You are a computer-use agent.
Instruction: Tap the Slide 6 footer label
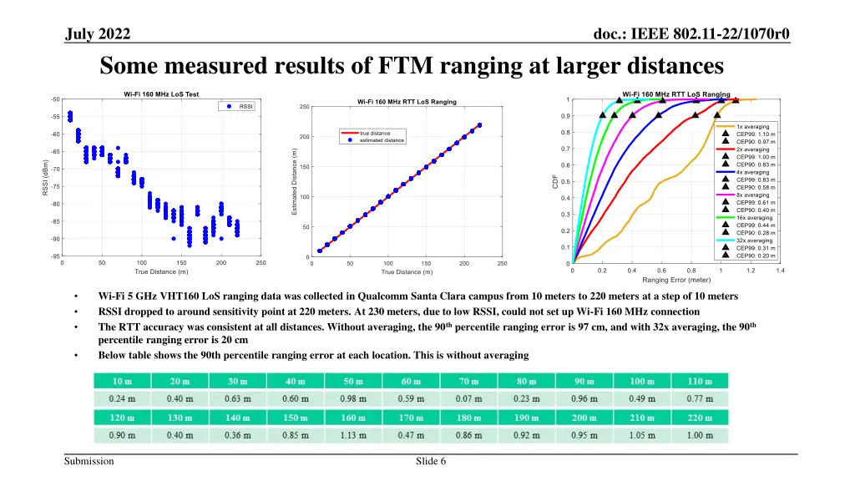point(431,462)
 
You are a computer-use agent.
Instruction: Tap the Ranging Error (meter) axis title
point(676,280)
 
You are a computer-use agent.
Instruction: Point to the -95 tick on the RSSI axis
point(54,256)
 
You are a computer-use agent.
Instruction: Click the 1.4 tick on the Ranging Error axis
point(780,271)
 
